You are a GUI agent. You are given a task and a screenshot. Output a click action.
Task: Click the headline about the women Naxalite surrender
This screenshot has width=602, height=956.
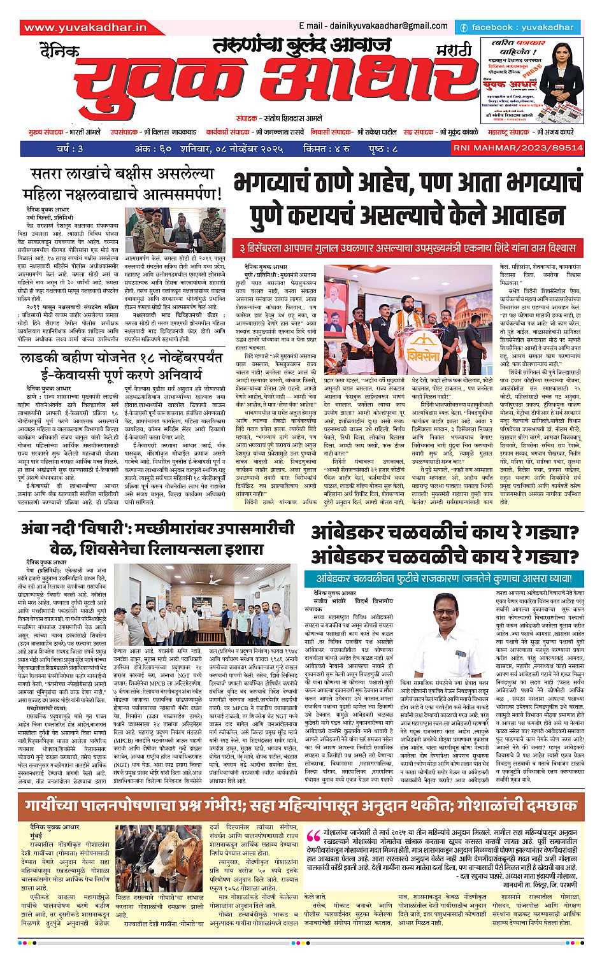121,183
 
